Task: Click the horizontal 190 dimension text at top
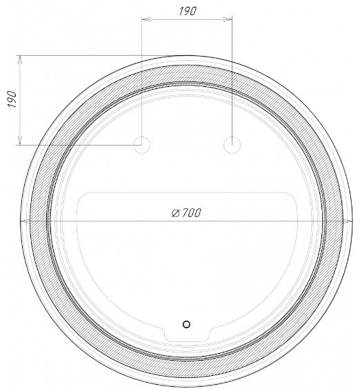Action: (188, 11)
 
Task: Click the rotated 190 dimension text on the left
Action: (12, 99)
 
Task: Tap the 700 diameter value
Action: (191, 212)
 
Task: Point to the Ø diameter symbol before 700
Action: (176, 213)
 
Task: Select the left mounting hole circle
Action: (142, 145)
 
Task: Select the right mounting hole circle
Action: (232, 145)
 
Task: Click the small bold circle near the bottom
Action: (186, 324)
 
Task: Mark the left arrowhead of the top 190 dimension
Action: (146, 19)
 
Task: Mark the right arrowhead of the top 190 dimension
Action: (228, 19)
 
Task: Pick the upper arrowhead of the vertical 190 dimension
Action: (20, 60)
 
